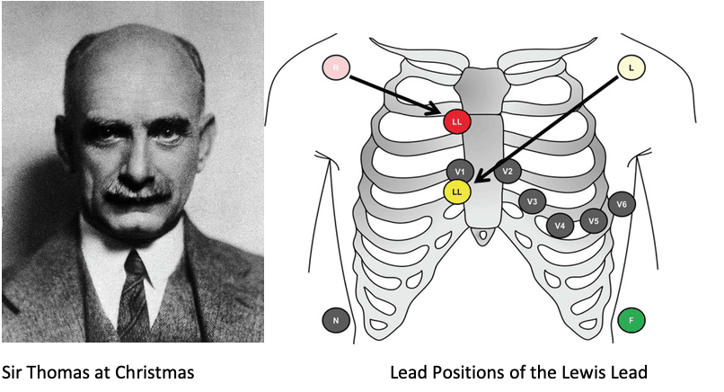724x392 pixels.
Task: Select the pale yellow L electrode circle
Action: [x=631, y=67]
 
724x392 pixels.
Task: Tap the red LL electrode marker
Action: [x=457, y=120]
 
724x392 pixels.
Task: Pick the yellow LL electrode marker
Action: [x=457, y=191]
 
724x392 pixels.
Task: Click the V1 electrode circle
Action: [x=459, y=171]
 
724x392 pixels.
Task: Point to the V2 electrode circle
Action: [x=508, y=171]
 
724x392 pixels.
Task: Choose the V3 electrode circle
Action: [x=533, y=201]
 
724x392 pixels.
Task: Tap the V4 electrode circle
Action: [x=561, y=225]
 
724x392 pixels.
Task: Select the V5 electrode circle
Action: [x=593, y=219]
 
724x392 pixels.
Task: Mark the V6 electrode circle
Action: [x=622, y=205]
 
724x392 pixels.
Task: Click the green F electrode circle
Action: [x=631, y=319]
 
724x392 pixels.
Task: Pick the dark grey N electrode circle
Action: [x=335, y=319]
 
